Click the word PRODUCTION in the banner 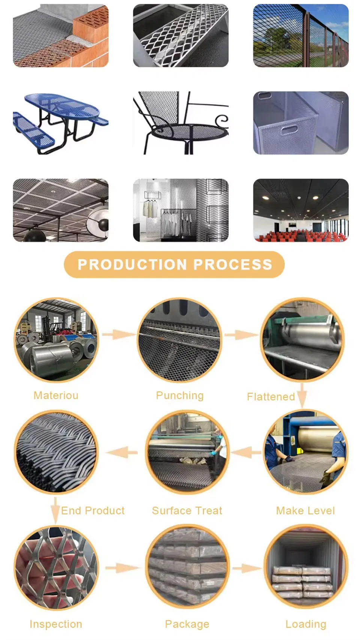point(132,264)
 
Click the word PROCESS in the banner point(233,264)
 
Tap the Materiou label point(56,395)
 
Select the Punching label point(180,396)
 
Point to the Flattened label point(271,397)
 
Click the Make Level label point(305,511)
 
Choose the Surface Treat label point(187,511)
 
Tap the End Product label point(93,511)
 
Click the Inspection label point(56,624)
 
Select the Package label point(187,625)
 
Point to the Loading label point(306,625)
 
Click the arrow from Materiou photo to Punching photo point(118,334)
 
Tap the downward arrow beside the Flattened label point(302,395)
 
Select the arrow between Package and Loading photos point(247,568)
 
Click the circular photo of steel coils point(56,340)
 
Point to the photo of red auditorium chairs point(301,210)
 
